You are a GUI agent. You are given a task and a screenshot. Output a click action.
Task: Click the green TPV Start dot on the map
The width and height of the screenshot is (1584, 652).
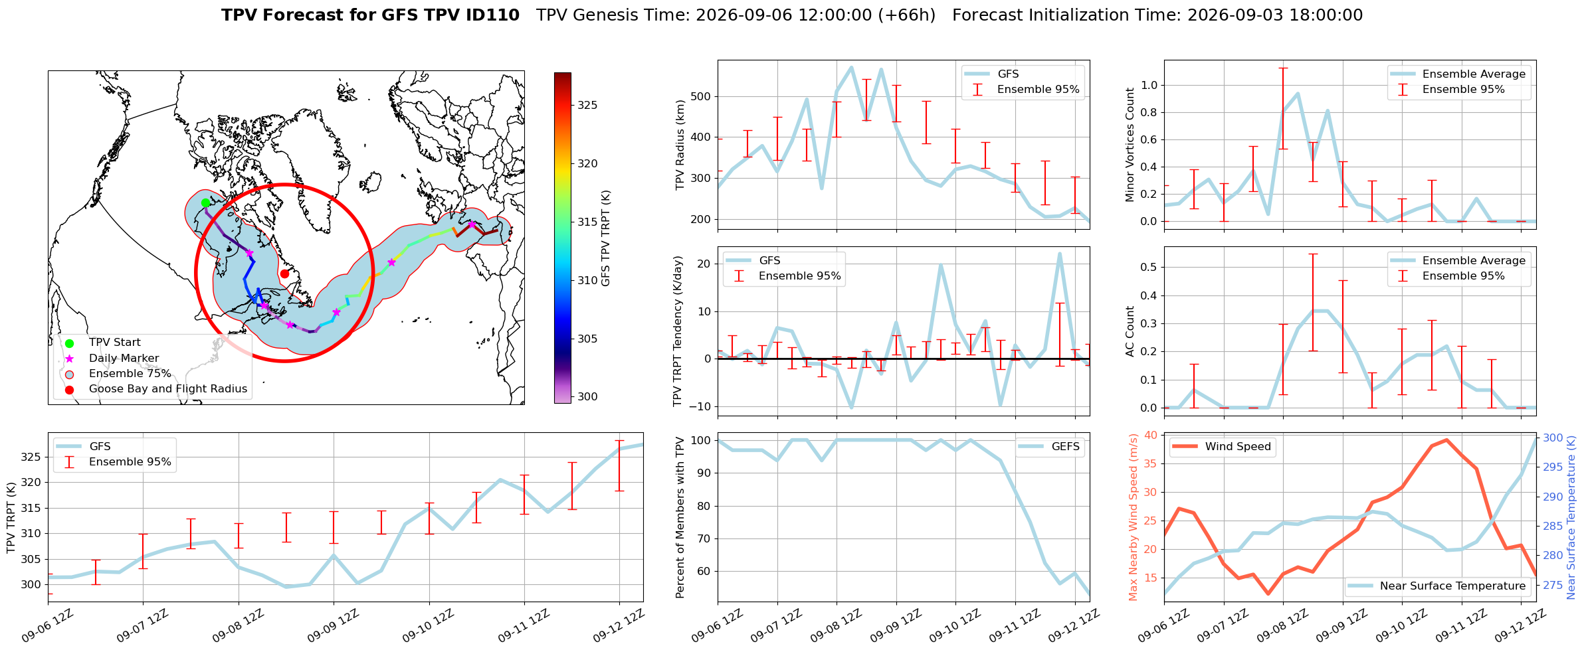tap(205, 203)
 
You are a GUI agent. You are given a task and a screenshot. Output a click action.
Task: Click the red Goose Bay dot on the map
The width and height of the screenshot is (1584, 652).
tap(284, 274)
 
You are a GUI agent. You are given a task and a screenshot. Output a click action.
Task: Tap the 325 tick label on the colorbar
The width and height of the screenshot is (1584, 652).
tap(587, 105)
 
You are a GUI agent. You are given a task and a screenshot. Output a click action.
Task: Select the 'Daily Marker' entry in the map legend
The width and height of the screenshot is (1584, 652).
tap(124, 358)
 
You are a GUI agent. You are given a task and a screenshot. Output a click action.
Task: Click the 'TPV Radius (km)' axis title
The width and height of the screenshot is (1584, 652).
tap(680, 145)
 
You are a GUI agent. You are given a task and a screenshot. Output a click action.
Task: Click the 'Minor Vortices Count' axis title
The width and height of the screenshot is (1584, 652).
tap(1130, 145)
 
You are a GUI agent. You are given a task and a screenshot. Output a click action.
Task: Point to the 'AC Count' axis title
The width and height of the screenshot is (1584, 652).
tap(1130, 331)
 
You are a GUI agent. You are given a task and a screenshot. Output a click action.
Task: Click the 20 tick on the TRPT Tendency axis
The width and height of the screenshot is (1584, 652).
tap(704, 264)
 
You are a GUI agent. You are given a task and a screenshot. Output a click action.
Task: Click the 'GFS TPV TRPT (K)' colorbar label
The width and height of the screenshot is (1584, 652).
tap(605, 238)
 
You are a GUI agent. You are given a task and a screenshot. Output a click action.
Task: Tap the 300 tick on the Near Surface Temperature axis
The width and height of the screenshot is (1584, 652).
tap(1553, 438)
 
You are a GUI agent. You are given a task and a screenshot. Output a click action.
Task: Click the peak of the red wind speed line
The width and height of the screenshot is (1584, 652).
tap(1446, 440)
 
